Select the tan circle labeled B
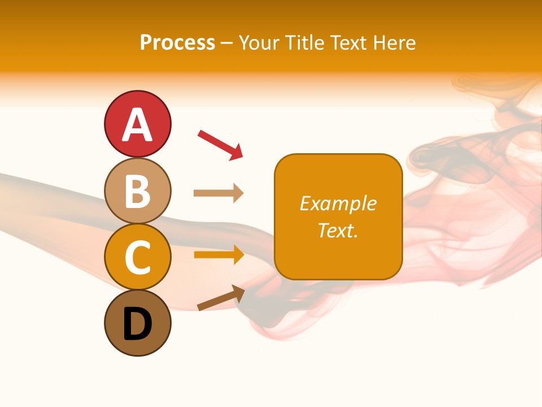tap(137, 190)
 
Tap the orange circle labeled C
tap(137, 257)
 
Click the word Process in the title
tap(177, 43)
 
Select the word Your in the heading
tap(257, 43)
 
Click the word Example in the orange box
tap(338, 203)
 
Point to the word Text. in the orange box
tap(338, 230)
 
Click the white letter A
tap(137, 124)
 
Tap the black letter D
tap(137, 324)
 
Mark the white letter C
tap(137, 258)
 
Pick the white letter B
tap(137, 191)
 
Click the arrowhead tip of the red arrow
tap(241, 158)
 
